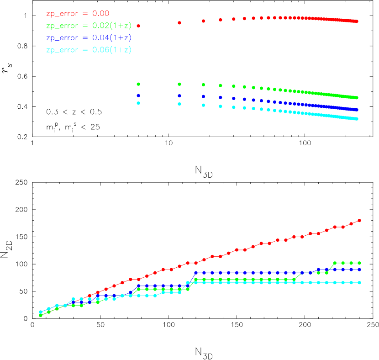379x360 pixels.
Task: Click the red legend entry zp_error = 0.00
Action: point(78,14)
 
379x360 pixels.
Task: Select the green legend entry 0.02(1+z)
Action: point(89,26)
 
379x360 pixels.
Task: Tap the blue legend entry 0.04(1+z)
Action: point(89,38)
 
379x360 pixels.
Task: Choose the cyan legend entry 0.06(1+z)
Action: point(89,50)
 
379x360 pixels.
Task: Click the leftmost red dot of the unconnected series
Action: point(138,26)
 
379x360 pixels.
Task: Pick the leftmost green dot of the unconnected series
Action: point(138,84)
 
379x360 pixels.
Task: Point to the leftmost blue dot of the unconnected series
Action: point(138,95)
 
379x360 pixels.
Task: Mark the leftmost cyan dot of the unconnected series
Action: point(138,103)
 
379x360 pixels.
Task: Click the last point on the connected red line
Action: point(360,221)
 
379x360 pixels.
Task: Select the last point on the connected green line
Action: point(360,263)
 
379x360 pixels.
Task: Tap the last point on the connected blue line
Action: point(360,270)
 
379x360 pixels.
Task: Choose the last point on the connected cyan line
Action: point(360,283)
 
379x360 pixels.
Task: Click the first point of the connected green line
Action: point(41,315)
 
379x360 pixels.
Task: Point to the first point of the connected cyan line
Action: point(41,312)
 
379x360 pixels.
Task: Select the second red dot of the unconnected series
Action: point(179,22)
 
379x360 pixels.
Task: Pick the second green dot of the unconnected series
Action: point(179,84)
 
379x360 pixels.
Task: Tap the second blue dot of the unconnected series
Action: point(179,96)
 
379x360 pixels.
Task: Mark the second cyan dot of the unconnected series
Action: point(179,104)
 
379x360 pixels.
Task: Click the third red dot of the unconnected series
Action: point(203,21)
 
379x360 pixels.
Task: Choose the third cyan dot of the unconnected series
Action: point(203,105)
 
